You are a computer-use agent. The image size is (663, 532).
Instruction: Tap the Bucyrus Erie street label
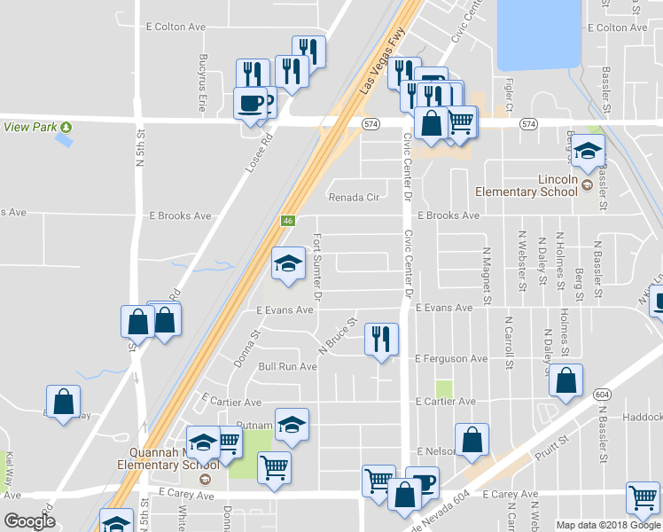pos(202,82)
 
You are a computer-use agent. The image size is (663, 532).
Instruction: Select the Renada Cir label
pos(354,197)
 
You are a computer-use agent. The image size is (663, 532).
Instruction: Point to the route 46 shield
pos(287,221)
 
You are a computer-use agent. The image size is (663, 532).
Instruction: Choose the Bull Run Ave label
pos(287,366)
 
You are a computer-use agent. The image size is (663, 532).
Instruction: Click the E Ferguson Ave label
pos(451,358)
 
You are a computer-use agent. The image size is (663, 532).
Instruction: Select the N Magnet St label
pos(487,270)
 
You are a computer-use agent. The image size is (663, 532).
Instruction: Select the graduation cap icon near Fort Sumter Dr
pos(288,263)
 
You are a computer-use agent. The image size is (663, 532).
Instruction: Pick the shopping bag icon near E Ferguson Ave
pos(565,381)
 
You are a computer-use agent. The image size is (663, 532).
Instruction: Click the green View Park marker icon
pos(66,127)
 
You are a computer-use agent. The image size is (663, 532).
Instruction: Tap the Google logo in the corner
pos(29,521)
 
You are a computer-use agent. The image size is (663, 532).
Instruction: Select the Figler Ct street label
pos(510,95)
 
